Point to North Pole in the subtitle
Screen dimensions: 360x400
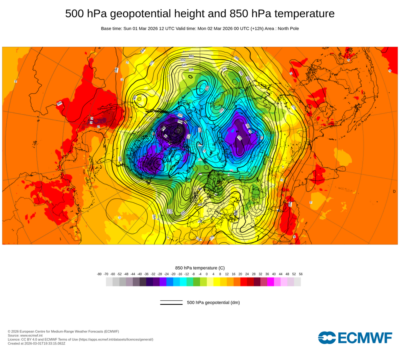(286, 28)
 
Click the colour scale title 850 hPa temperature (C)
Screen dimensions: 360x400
(200, 268)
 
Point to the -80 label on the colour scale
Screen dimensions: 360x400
(99, 274)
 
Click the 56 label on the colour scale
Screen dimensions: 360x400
(301, 274)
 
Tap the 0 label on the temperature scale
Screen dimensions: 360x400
(207, 274)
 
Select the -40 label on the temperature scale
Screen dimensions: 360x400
(140, 274)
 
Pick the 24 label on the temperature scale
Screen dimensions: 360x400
(247, 274)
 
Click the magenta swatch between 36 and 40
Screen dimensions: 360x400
(270, 282)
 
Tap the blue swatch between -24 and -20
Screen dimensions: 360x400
(170, 282)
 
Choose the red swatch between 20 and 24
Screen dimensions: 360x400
(244, 282)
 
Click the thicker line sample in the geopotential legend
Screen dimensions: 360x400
(171, 304)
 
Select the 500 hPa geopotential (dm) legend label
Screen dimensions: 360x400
(213, 302)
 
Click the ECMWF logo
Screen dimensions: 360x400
(355, 338)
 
